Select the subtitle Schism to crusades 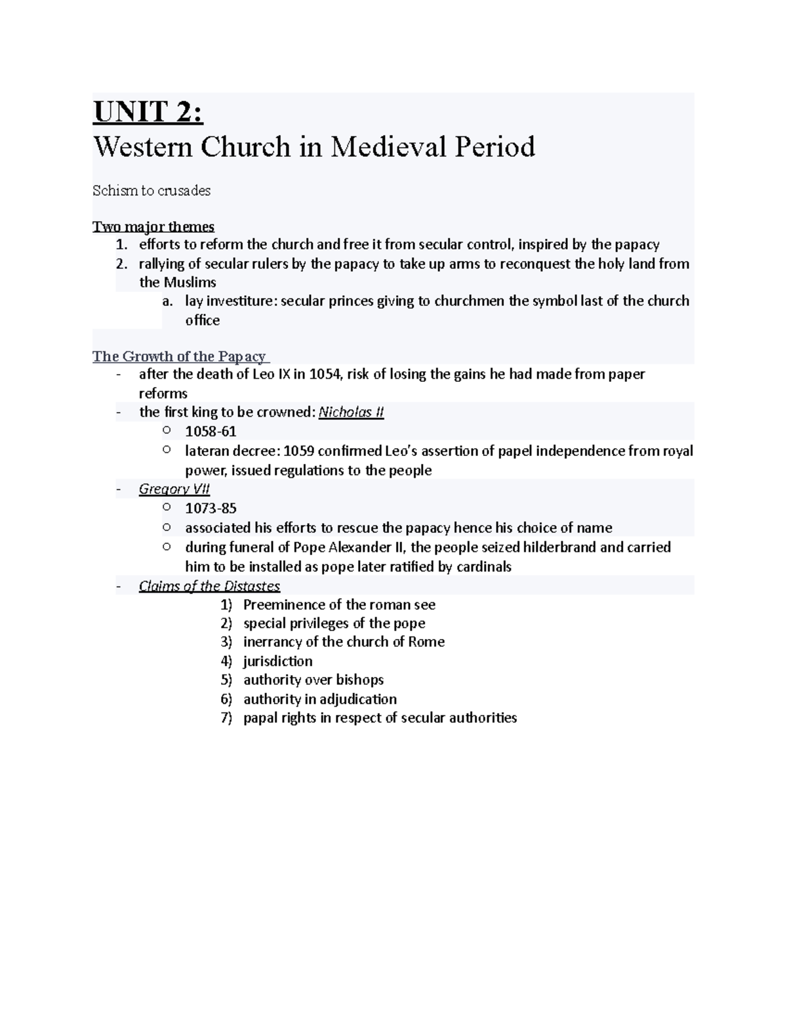pyautogui.click(x=151, y=191)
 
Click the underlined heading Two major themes pyautogui.click(x=153, y=227)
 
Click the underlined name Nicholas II pyautogui.click(x=351, y=413)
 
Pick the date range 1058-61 pyautogui.click(x=211, y=432)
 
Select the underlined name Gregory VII pyautogui.click(x=174, y=489)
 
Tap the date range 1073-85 pyautogui.click(x=211, y=509)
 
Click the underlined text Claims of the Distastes pyautogui.click(x=209, y=586)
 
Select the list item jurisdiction pyautogui.click(x=277, y=661)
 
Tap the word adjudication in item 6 pyautogui.click(x=358, y=699)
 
